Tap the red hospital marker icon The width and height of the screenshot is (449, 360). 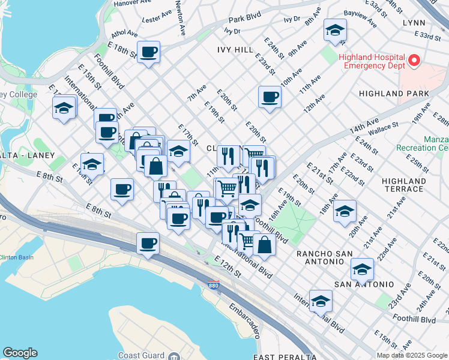point(414,60)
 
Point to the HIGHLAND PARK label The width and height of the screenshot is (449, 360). point(394,94)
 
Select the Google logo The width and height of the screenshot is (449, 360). point(20,353)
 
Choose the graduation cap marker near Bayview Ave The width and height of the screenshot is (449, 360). point(335,30)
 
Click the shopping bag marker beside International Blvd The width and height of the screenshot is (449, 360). point(264,244)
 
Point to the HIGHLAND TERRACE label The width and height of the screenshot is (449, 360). point(404,185)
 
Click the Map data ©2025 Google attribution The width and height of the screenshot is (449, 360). point(412,355)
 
